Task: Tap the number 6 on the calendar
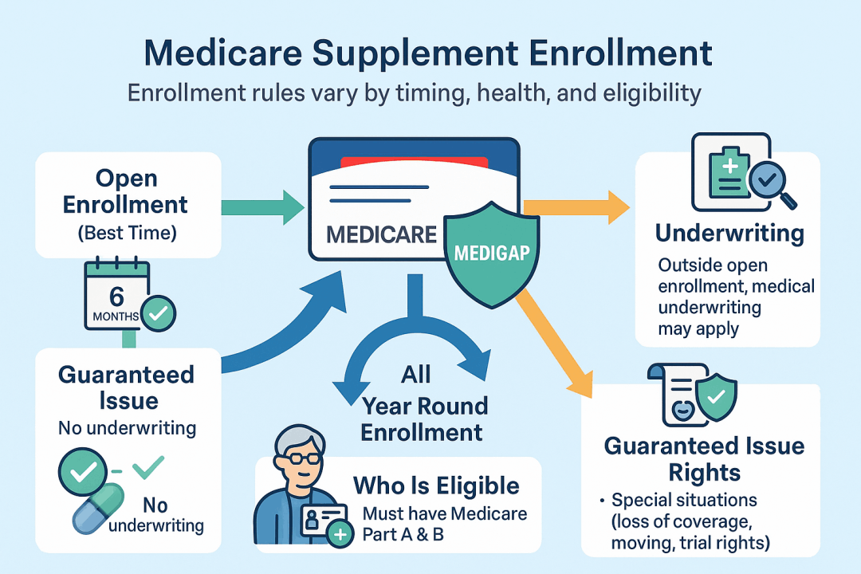[x=116, y=297]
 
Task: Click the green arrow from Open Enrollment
[x=262, y=207]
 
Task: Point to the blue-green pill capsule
[x=99, y=508]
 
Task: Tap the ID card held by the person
[x=324, y=520]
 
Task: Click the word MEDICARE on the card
[x=382, y=234]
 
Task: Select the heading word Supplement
[x=415, y=53]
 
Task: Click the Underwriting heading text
[x=729, y=233]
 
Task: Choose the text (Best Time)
[x=128, y=233]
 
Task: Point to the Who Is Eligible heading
[x=436, y=486]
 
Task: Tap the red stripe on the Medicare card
[x=415, y=163]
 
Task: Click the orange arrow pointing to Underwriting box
[x=576, y=207]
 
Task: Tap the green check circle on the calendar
[x=158, y=313]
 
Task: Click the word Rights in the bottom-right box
[x=705, y=473]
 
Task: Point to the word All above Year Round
[x=415, y=375]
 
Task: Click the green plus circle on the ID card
[x=340, y=534]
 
